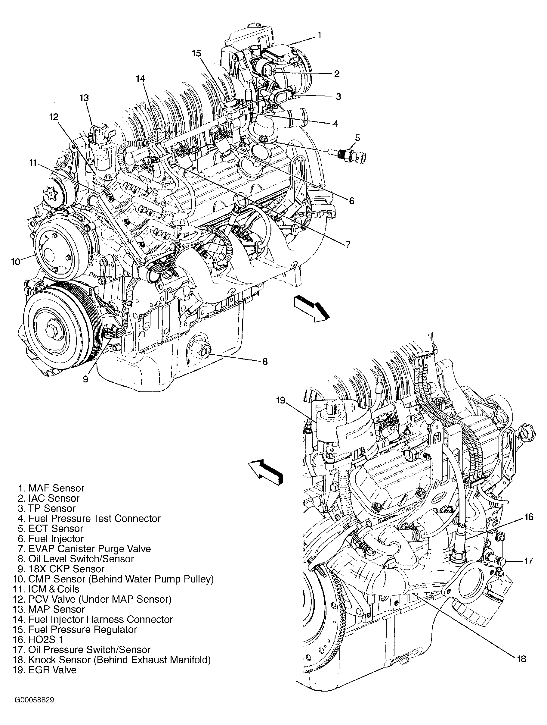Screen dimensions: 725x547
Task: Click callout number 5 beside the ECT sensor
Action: pyautogui.click(x=357, y=138)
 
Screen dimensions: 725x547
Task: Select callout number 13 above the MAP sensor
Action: pyautogui.click(x=84, y=98)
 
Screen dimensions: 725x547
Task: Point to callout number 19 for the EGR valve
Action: pyautogui.click(x=280, y=400)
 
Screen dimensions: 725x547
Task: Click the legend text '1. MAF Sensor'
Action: pyautogui.click(x=51, y=488)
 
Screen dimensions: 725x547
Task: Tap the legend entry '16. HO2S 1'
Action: pyautogui.click(x=38, y=639)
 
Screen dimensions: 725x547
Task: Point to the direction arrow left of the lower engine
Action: pyautogui.click(x=265, y=471)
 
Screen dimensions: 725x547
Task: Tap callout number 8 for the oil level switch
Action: pyautogui.click(x=264, y=362)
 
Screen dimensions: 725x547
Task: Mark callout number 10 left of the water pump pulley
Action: pyautogui.click(x=15, y=262)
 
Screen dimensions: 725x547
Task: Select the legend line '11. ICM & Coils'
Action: pyautogui.click(x=46, y=589)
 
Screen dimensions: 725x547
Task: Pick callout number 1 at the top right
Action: pyautogui.click(x=319, y=35)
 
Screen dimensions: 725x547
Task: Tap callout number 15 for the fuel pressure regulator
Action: pyautogui.click(x=196, y=53)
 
